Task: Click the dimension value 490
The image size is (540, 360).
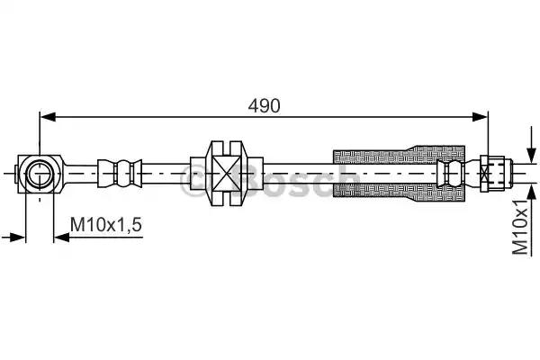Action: tap(265, 104)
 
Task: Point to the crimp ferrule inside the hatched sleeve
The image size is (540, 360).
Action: tap(450, 170)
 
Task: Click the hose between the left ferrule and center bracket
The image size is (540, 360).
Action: tap(171, 170)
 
